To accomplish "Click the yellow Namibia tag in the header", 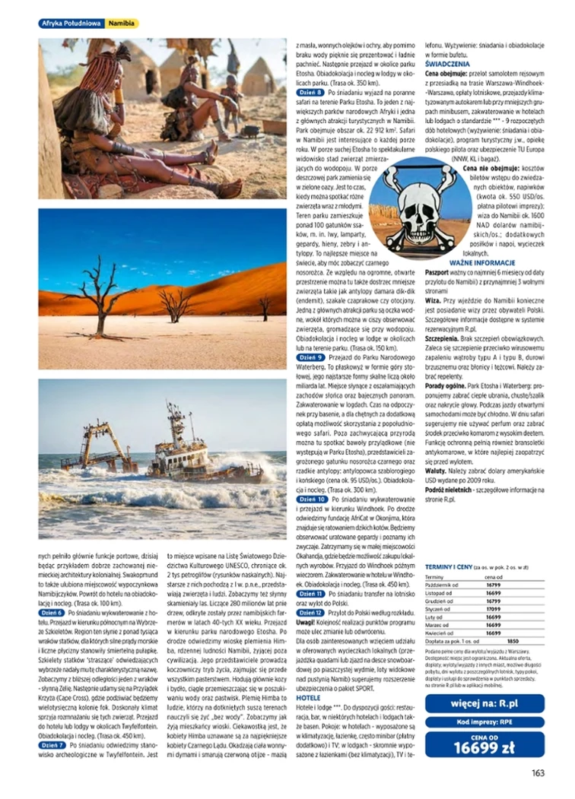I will tap(122, 24).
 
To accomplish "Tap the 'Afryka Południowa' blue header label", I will tap(71, 24).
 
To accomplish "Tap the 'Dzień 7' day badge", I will tap(52, 746).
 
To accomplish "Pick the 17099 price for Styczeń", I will tap(494, 608).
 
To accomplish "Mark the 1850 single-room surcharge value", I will tap(513, 640).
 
